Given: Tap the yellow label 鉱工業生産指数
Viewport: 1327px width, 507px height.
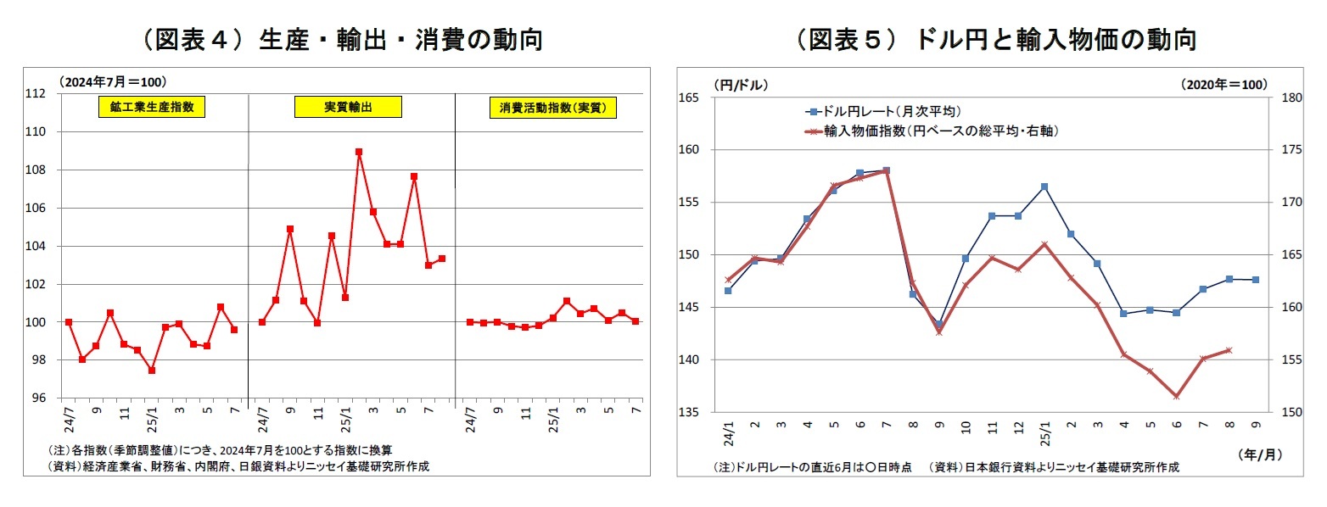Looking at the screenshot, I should pyautogui.click(x=151, y=108).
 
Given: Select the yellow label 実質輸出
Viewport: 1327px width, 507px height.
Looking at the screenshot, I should pyautogui.click(x=348, y=108).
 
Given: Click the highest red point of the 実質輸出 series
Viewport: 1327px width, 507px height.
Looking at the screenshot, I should pyautogui.click(x=359, y=152).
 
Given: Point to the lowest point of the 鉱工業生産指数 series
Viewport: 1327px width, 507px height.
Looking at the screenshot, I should pyautogui.click(x=151, y=370).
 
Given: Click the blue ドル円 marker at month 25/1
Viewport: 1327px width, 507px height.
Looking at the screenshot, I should pyautogui.click(x=1044, y=187).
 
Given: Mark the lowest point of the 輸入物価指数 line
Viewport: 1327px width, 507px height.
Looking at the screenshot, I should pyautogui.click(x=1176, y=396).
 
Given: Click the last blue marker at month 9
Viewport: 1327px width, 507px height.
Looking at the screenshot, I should pyautogui.click(x=1256, y=280).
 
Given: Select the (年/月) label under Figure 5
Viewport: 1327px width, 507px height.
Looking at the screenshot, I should pyautogui.click(x=1258, y=454).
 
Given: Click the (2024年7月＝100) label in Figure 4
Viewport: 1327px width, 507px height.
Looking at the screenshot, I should pyautogui.click(x=113, y=81).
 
